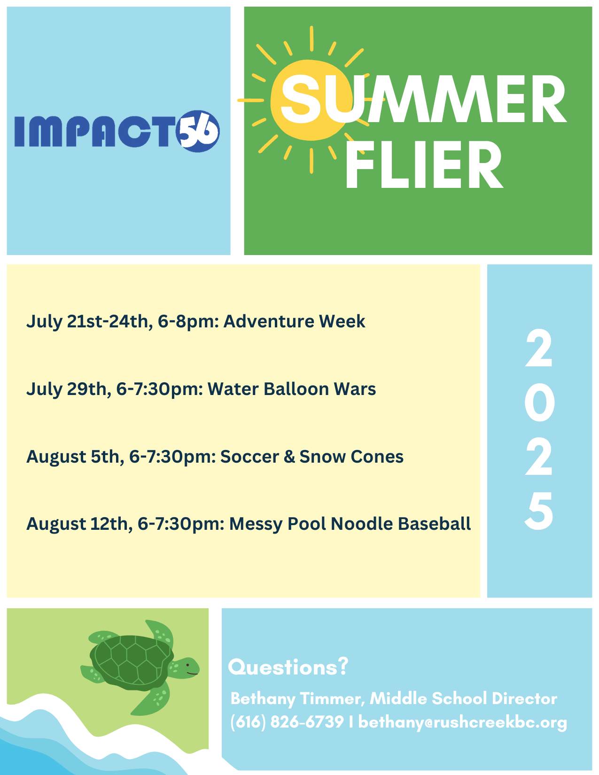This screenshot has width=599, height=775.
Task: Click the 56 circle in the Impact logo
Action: (198, 131)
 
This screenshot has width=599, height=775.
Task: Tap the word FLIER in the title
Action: (424, 164)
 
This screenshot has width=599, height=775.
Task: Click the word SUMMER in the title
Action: (423, 99)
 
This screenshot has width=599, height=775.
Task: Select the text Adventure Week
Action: (294, 321)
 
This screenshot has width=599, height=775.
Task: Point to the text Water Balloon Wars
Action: (292, 389)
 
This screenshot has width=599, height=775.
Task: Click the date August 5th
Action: (75, 457)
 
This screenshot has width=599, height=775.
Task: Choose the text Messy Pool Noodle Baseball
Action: (350, 524)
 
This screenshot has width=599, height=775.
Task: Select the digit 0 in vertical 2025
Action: (539, 403)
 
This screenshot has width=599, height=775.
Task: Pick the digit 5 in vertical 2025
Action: (539, 511)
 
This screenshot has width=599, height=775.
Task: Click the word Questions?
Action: (288, 666)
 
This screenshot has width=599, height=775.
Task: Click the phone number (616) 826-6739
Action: (287, 722)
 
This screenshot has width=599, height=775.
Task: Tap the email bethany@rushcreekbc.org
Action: (462, 722)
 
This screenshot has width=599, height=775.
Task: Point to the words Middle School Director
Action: (463, 698)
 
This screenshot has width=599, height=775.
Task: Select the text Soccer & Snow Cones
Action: (312, 457)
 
